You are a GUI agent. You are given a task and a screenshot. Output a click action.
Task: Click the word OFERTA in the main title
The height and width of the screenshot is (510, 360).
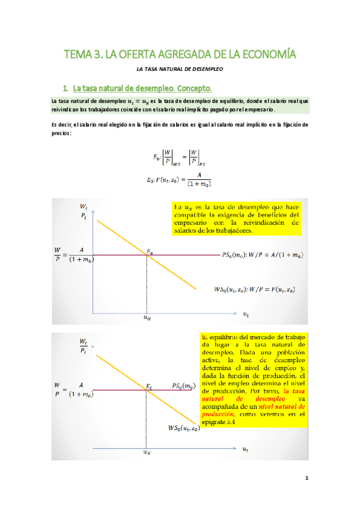point(138,55)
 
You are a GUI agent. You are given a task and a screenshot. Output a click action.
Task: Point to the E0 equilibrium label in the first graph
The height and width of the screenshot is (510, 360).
point(151,250)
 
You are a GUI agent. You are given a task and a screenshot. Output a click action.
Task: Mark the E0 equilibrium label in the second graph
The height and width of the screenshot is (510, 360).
point(149,385)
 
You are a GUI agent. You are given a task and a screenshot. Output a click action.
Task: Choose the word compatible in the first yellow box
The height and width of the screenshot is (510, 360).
point(192,215)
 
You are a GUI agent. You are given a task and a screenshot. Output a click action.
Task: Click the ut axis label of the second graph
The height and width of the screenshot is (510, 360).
point(245,449)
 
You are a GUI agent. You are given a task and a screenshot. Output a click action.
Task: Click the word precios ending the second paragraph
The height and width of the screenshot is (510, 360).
point(61,133)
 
